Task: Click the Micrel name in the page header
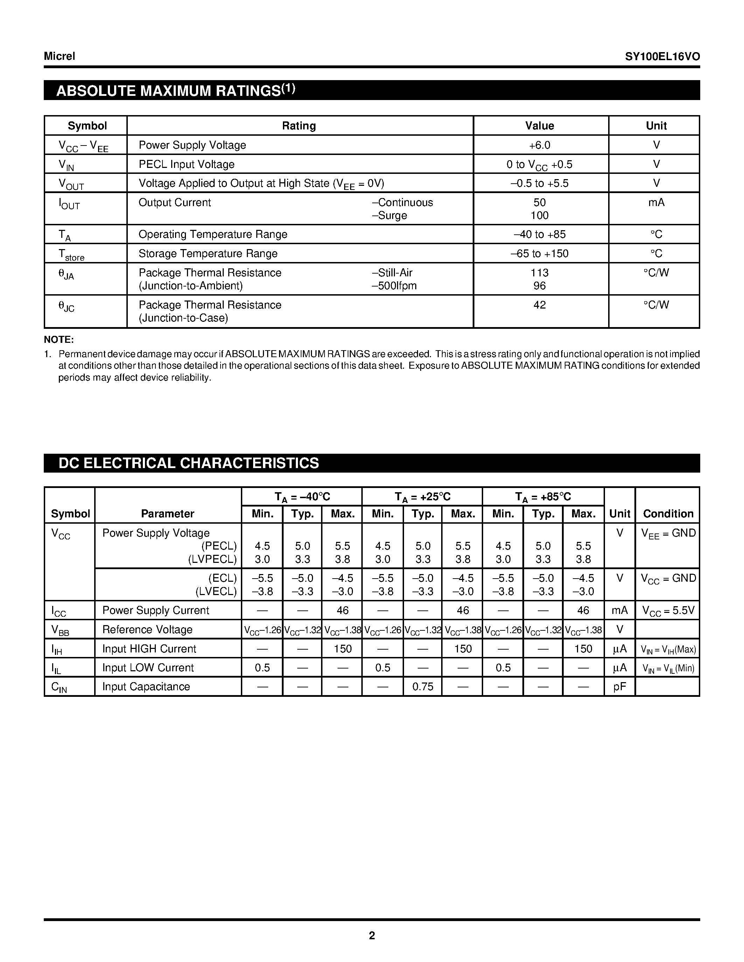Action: [60, 56]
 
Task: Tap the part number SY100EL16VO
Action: [662, 56]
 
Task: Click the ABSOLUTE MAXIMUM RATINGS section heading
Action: [175, 90]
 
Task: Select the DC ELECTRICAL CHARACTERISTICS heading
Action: [189, 463]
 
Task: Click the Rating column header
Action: [299, 126]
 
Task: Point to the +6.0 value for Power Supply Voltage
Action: [540, 145]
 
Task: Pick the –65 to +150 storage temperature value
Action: [540, 254]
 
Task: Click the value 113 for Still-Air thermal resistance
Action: [540, 273]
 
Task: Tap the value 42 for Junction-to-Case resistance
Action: [540, 305]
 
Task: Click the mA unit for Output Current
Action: [656, 203]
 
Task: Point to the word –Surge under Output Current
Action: [389, 215]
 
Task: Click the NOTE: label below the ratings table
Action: [58, 340]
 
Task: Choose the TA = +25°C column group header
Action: [422, 497]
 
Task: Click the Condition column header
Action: [668, 514]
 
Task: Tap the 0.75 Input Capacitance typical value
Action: [423, 687]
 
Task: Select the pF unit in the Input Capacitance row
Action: [619, 687]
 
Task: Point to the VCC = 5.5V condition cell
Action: [668, 610]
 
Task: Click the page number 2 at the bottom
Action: [371, 935]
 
